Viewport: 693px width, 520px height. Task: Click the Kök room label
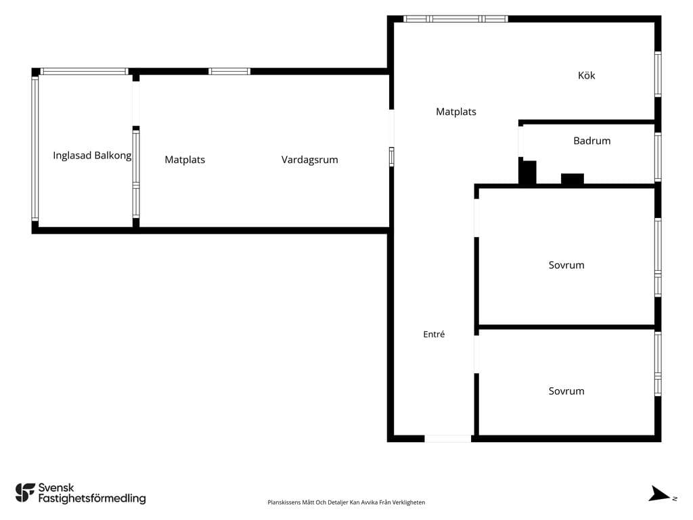pyautogui.click(x=586, y=76)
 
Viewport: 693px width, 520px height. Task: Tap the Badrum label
pyautogui.click(x=591, y=141)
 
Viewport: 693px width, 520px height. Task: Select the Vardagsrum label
pyautogui.click(x=309, y=160)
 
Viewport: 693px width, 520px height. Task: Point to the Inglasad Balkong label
pyautogui.click(x=92, y=156)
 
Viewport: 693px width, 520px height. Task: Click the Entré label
pyautogui.click(x=434, y=334)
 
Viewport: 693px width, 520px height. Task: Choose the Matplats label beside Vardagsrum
pyautogui.click(x=185, y=160)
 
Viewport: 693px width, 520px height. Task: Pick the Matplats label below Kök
pyautogui.click(x=455, y=112)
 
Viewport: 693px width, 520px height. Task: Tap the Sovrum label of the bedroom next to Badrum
pyautogui.click(x=566, y=265)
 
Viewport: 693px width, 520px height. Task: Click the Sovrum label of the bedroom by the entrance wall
pyautogui.click(x=566, y=391)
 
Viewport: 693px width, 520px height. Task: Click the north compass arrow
pyautogui.click(x=659, y=494)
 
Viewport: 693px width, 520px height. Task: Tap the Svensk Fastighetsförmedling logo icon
pyautogui.click(x=25, y=493)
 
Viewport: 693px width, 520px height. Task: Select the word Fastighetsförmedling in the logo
pyautogui.click(x=92, y=499)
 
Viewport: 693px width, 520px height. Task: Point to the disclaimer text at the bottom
pyautogui.click(x=346, y=502)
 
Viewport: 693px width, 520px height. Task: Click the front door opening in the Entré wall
pyautogui.click(x=448, y=439)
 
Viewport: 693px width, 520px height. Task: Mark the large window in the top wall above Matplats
pyautogui.click(x=455, y=19)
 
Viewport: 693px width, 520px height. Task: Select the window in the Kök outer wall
pyautogui.click(x=658, y=74)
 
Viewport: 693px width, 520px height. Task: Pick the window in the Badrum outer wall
pyautogui.click(x=658, y=157)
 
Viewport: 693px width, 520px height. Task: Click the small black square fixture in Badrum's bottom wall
pyautogui.click(x=573, y=179)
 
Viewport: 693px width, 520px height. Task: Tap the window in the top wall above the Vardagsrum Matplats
pyautogui.click(x=229, y=71)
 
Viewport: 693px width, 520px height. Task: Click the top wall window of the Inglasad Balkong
pyautogui.click(x=84, y=71)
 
